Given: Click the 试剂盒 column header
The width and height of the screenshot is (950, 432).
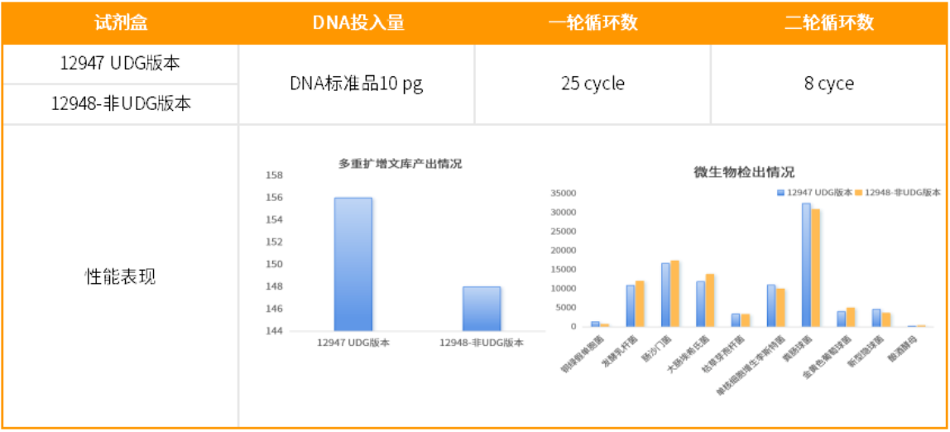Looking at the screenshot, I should [x=120, y=22].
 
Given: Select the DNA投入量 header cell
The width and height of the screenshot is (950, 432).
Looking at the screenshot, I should [x=357, y=22].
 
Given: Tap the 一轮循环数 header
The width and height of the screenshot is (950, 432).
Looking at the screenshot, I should [x=593, y=22].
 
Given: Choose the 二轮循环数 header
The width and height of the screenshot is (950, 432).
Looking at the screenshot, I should [x=829, y=22].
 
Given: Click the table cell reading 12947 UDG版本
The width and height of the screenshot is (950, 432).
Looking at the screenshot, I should [x=120, y=64].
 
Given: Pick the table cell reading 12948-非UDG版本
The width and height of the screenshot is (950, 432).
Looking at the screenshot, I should [x=120, y=104].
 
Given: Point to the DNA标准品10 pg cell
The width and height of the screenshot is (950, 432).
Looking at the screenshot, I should [x=357, y=84].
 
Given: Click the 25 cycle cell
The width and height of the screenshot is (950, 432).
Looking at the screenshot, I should [x=593, y=84].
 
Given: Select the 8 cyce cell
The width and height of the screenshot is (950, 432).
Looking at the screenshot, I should [x=829, y=84].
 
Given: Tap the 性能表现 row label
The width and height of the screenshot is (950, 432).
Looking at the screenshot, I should [x=120, y=276].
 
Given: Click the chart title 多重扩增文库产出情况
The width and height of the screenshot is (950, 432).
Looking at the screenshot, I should [x=400, y=164].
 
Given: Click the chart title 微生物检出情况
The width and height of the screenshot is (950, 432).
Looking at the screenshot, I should [x=743, y=172].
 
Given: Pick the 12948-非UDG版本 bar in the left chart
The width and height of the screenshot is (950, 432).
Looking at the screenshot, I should [x=481, y=308].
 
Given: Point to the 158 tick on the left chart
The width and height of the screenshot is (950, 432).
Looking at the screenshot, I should [x=274, y=175].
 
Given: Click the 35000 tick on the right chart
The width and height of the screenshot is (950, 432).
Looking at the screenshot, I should [x=562, y=194].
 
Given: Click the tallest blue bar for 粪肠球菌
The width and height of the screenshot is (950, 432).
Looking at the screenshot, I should [x=806, y=265].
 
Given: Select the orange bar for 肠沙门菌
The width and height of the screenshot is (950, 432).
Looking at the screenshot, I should [x=675, y=294].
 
